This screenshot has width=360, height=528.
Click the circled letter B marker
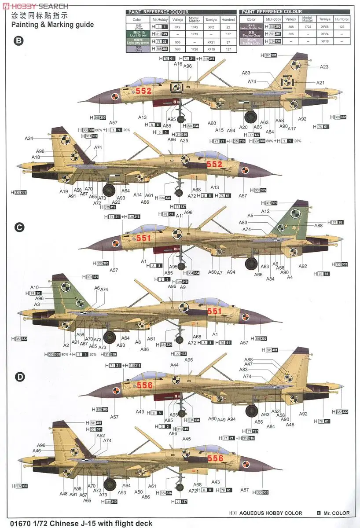[18, 41]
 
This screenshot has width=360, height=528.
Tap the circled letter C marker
[18, 227]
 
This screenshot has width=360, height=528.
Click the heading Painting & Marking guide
[52, 25]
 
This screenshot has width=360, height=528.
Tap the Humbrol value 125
[342, 26]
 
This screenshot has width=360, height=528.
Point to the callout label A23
[324, 67]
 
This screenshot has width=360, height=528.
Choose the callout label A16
[178, 64]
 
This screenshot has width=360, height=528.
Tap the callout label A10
[35, 287]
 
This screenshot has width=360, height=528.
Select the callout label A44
[175, 365]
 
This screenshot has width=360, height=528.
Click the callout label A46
[37, 451]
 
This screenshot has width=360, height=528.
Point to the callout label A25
[184, 141]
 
